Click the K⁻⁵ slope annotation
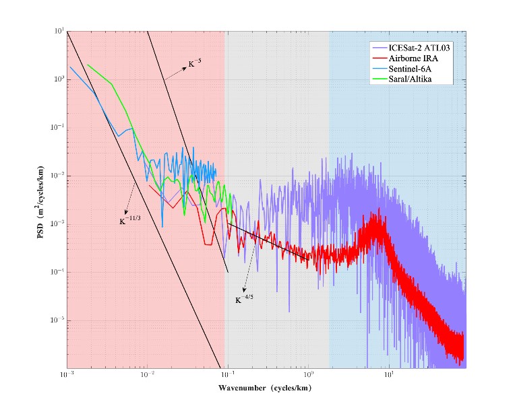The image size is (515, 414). (194, 65)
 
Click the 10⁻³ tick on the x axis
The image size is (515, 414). (66, 374)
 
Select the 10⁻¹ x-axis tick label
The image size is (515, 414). (228, 374)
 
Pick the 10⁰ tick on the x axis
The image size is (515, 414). (309, 374)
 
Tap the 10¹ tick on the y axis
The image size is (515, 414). (59, 31)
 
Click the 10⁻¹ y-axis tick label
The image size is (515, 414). (59, 128)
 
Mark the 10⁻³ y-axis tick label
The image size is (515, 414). (59, 224)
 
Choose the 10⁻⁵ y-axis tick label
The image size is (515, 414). (59, 320)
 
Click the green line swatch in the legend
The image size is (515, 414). (382, 79)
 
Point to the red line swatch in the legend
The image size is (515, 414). (382, 59)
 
